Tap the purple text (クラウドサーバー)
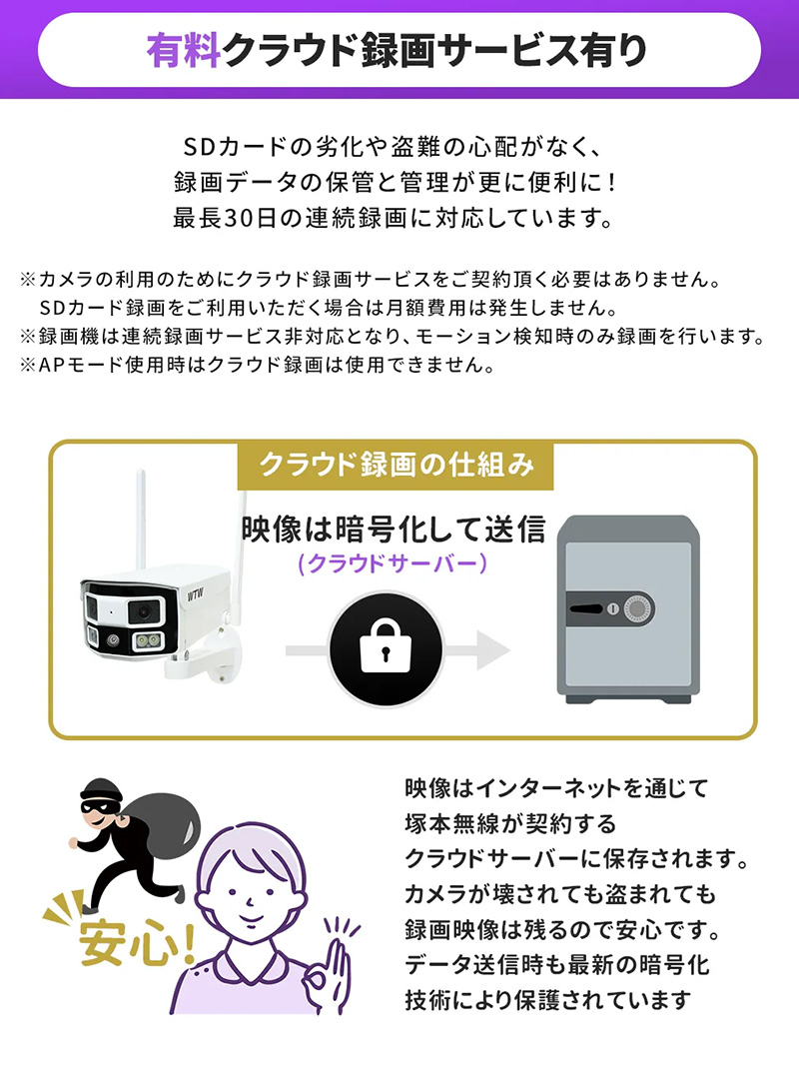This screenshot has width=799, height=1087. click(394, 564)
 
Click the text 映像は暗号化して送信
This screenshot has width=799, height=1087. click(394, 529)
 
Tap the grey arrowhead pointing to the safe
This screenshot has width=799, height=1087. click(491, 650)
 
